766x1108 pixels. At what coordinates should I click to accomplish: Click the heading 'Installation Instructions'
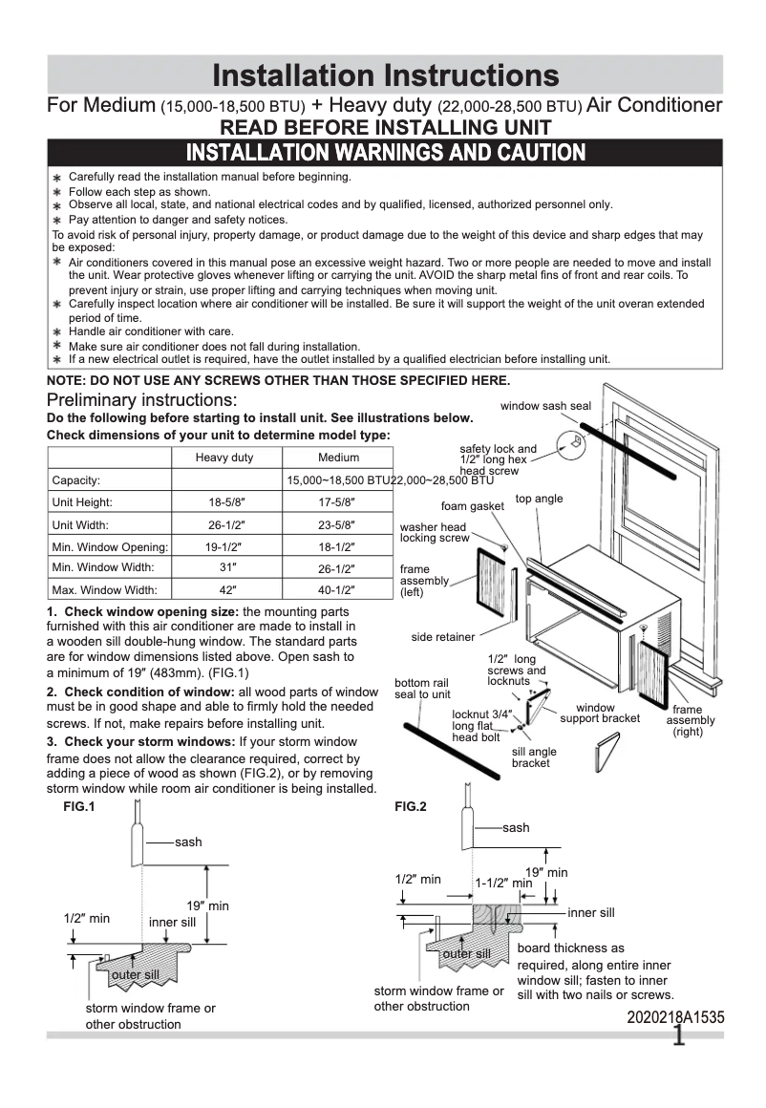(x=384, y=75)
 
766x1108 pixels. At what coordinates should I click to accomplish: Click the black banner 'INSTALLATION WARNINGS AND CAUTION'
(x=384, y=153)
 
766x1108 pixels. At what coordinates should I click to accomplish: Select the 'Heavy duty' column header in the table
(x=224, y=458)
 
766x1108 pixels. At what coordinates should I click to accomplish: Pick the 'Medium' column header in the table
(x=339, y=458)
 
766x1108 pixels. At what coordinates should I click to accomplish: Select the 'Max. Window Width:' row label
(x=103, y=590)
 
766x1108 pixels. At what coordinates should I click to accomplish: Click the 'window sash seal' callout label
(x=545, y=406)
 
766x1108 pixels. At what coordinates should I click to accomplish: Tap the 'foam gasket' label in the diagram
(x=472, y=506)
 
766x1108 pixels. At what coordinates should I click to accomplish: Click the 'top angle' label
(x=540, y=499)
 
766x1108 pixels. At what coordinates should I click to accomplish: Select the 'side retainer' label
(x=443, y=637)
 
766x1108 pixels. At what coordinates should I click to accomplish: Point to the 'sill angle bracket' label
(x=534, y=757)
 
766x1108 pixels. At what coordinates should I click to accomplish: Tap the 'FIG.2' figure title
(x=411, y=806)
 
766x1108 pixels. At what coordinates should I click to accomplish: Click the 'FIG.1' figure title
(x=78, y=806)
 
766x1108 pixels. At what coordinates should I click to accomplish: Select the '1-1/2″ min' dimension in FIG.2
(x=503, y=884)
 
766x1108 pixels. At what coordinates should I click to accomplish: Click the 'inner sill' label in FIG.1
(x=172, y=923)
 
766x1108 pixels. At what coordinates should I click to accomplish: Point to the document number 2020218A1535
(x=675, y=1018)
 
